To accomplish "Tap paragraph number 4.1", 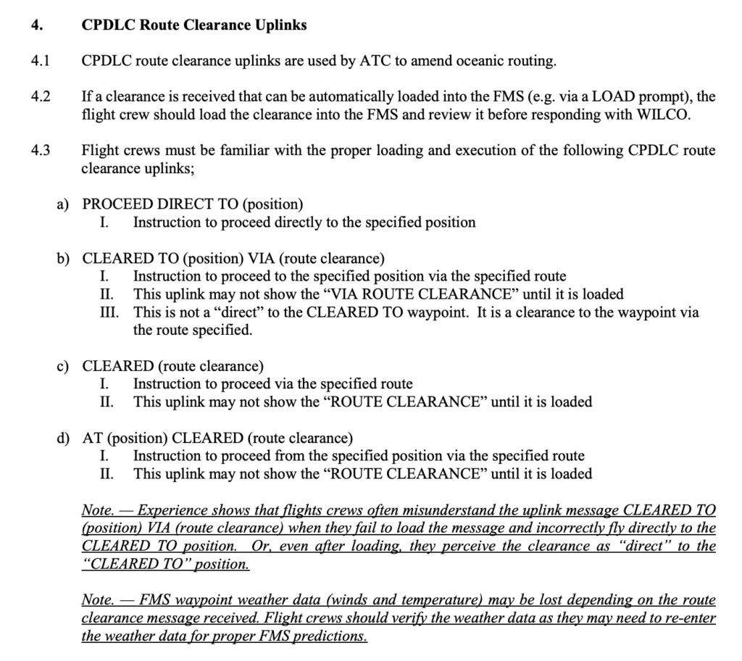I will [x=41, y=61].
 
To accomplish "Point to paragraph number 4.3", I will [x=41, y=151].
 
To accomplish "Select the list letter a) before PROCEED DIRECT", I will [x=63, y=204].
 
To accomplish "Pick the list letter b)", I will [x=63, y=258].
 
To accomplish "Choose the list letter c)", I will [x=63, y=366].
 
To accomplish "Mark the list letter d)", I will [x=63, y=438].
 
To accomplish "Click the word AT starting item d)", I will [x=91, y=438].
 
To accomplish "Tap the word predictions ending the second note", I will [x=329, y=636].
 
